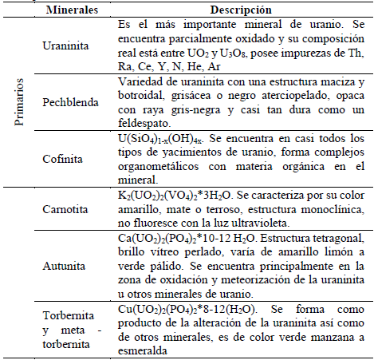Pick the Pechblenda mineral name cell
[71, 102]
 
